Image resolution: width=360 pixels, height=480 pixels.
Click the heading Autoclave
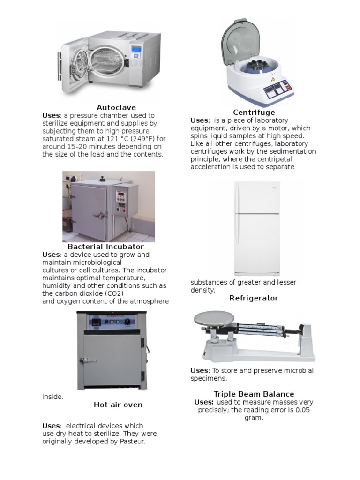116,107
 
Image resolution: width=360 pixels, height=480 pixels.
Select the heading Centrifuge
254,112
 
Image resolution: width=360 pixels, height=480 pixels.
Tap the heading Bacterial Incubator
105,247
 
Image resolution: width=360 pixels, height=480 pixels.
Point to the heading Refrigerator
254,298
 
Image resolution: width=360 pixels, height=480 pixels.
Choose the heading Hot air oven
118,405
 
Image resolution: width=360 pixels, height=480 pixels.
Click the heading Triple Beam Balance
254,394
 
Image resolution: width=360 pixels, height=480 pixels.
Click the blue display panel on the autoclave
136,49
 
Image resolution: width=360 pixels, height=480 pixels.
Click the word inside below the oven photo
52,397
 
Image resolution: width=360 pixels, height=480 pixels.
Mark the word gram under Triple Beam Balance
254,418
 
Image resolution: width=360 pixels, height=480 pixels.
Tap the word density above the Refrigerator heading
202,290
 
